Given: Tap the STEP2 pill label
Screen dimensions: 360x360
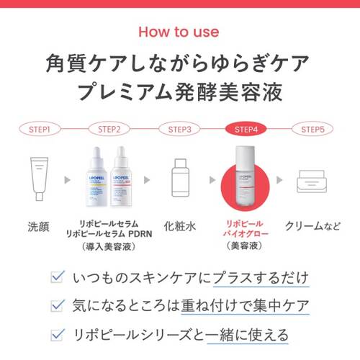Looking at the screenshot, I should coord(109,130).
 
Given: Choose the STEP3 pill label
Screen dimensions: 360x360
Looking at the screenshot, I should coord(179,130).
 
